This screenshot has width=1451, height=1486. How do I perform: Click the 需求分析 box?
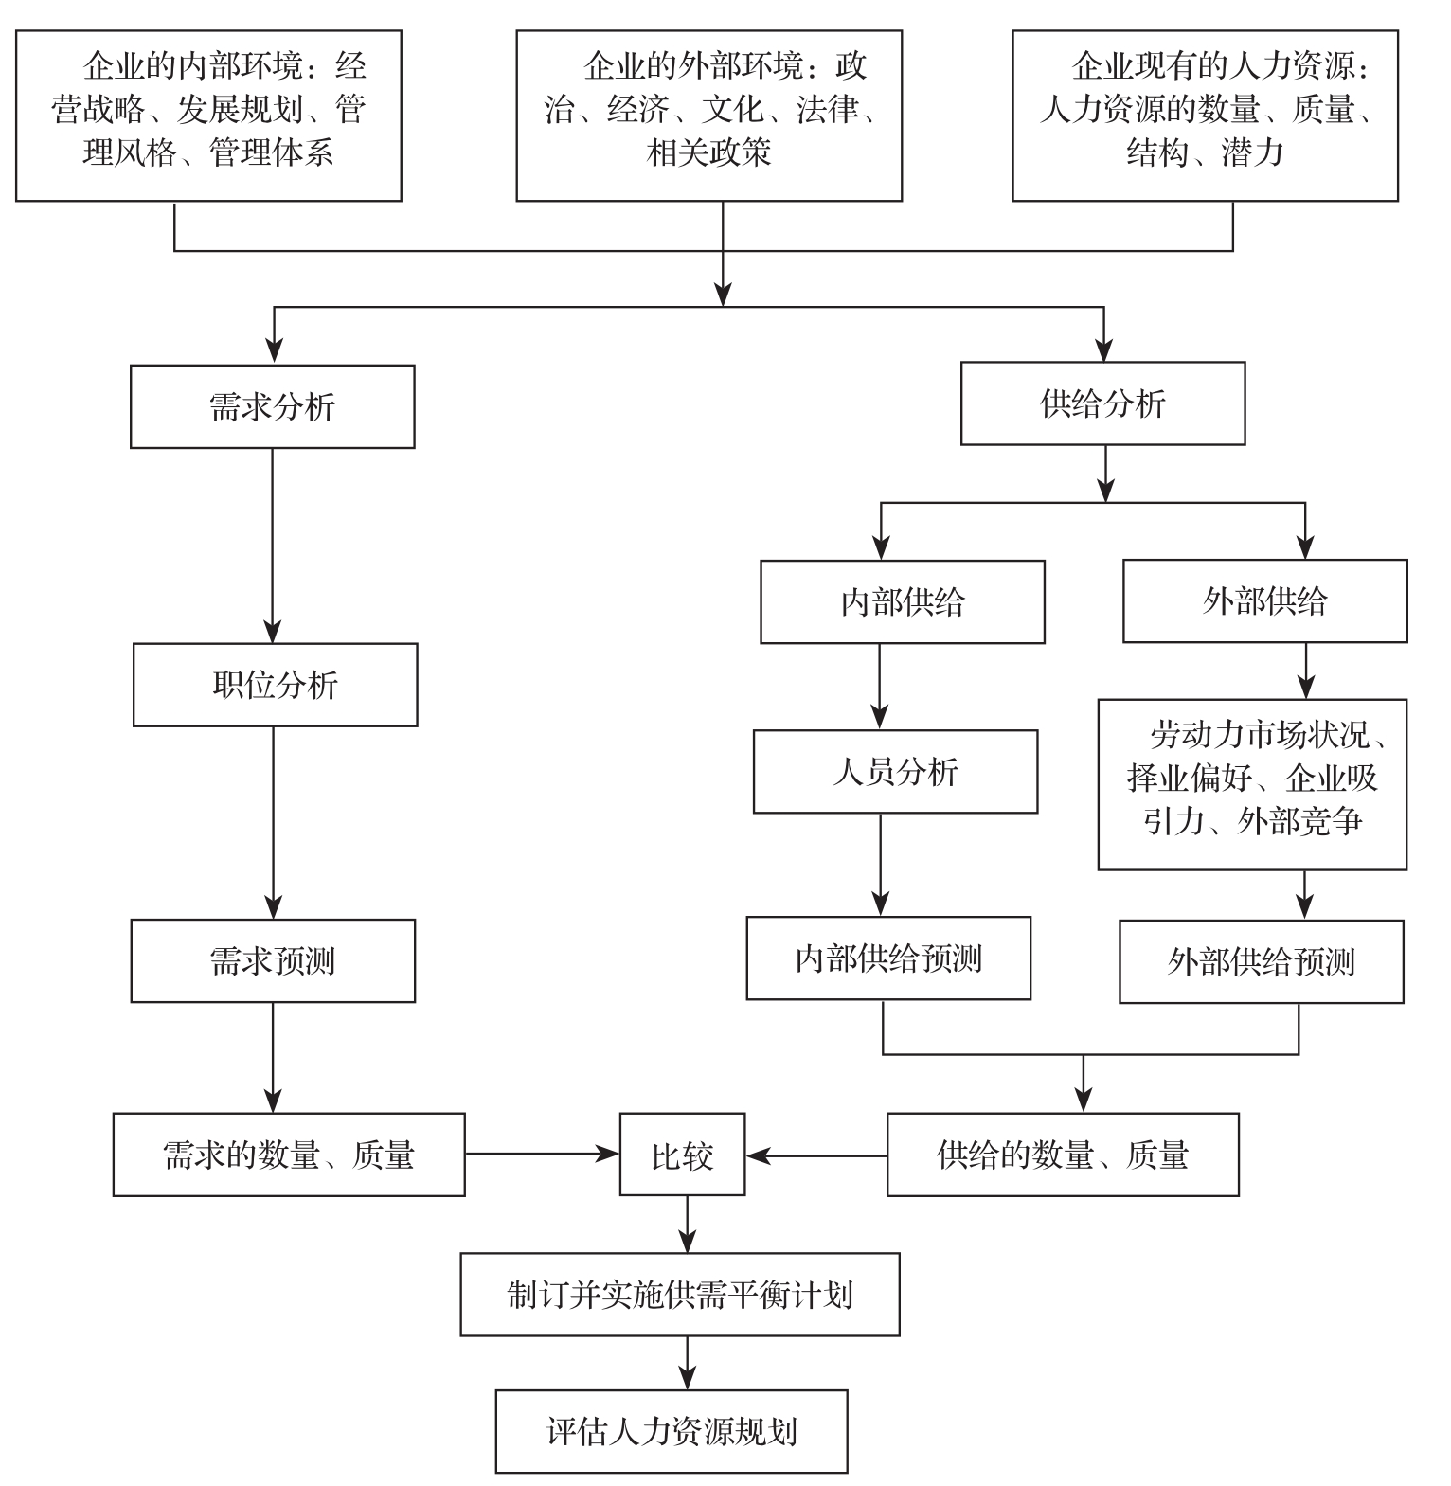coord(273,406)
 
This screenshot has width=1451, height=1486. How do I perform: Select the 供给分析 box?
coord(1102,403)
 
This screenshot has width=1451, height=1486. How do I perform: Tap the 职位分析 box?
coord(275,685)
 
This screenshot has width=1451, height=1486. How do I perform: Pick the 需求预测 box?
coord(273,960)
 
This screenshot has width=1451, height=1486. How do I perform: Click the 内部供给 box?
coord(903,601)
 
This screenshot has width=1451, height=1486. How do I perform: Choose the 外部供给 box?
coord(1264,600)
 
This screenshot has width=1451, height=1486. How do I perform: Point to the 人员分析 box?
coord(895,771)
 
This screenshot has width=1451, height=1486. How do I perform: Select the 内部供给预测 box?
coord(888,958)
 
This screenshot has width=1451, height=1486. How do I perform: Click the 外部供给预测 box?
coord(1261,961)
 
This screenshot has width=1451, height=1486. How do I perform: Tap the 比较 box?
coord(682,1155)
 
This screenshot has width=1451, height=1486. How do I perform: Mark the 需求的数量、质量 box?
coord(289,1155)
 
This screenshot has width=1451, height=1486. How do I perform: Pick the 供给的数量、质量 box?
coord(1063,1155)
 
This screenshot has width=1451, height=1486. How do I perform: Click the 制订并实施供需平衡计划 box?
coord(680,1294)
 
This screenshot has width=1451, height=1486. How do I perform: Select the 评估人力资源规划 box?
coord(671,1430)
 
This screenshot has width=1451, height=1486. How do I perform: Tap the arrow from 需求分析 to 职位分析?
coord(273,545)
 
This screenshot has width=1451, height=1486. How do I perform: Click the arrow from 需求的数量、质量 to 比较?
coord(542,1154)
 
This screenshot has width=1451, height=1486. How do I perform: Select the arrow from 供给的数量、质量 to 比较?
coord(816,1155)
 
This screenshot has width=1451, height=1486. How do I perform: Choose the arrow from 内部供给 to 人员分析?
coord(880,686)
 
